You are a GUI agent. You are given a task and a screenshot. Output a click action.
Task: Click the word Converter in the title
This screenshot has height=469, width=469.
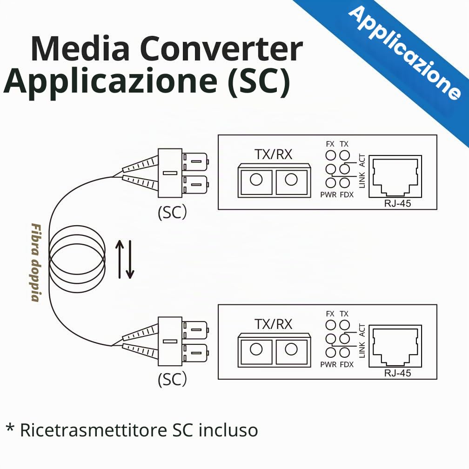(221, 48)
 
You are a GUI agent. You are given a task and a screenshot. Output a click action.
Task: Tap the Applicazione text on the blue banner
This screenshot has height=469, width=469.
(405, 53)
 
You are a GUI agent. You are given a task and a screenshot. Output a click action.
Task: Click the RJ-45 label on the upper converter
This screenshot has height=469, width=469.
(397, 203)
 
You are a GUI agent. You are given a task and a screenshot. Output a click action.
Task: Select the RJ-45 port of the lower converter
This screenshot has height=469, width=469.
(395, 346)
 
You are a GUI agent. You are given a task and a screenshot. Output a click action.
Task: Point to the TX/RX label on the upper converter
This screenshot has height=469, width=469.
(273, 154)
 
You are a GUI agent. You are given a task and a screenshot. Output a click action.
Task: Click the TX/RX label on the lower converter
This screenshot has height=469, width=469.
(273, 324)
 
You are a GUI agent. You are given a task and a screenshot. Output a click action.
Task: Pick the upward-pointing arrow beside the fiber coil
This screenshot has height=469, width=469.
(120, 259)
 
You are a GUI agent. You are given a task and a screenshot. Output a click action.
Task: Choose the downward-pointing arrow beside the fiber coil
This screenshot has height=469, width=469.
(130, 259)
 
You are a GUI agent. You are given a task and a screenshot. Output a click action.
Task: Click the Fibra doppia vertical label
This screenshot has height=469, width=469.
(36, 262)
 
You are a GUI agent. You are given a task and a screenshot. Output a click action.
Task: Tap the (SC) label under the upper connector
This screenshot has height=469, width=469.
(172, 212)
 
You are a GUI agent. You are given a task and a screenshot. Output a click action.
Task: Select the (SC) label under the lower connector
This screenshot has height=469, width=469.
(172, 379)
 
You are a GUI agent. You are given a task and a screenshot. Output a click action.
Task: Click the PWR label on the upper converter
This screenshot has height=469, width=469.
(328, 194)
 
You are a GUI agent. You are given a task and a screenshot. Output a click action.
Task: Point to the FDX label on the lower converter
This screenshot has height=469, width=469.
(347, 365)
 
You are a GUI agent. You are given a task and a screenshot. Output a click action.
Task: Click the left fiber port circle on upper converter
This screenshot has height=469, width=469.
(256, 180)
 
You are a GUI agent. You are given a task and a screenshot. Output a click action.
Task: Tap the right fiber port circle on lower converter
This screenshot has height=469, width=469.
(291, 349)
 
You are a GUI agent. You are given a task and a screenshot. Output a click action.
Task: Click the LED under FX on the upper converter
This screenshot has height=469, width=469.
(330, 155)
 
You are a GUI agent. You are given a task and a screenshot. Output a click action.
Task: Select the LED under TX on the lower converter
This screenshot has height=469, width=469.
(345, 325)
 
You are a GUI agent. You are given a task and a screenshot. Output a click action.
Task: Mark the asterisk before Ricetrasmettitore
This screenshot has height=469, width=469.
(10, 427)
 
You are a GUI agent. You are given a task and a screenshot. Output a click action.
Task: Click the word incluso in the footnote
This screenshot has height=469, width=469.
(228, 430)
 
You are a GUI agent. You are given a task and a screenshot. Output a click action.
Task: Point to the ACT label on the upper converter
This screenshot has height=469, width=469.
(362, 161)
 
